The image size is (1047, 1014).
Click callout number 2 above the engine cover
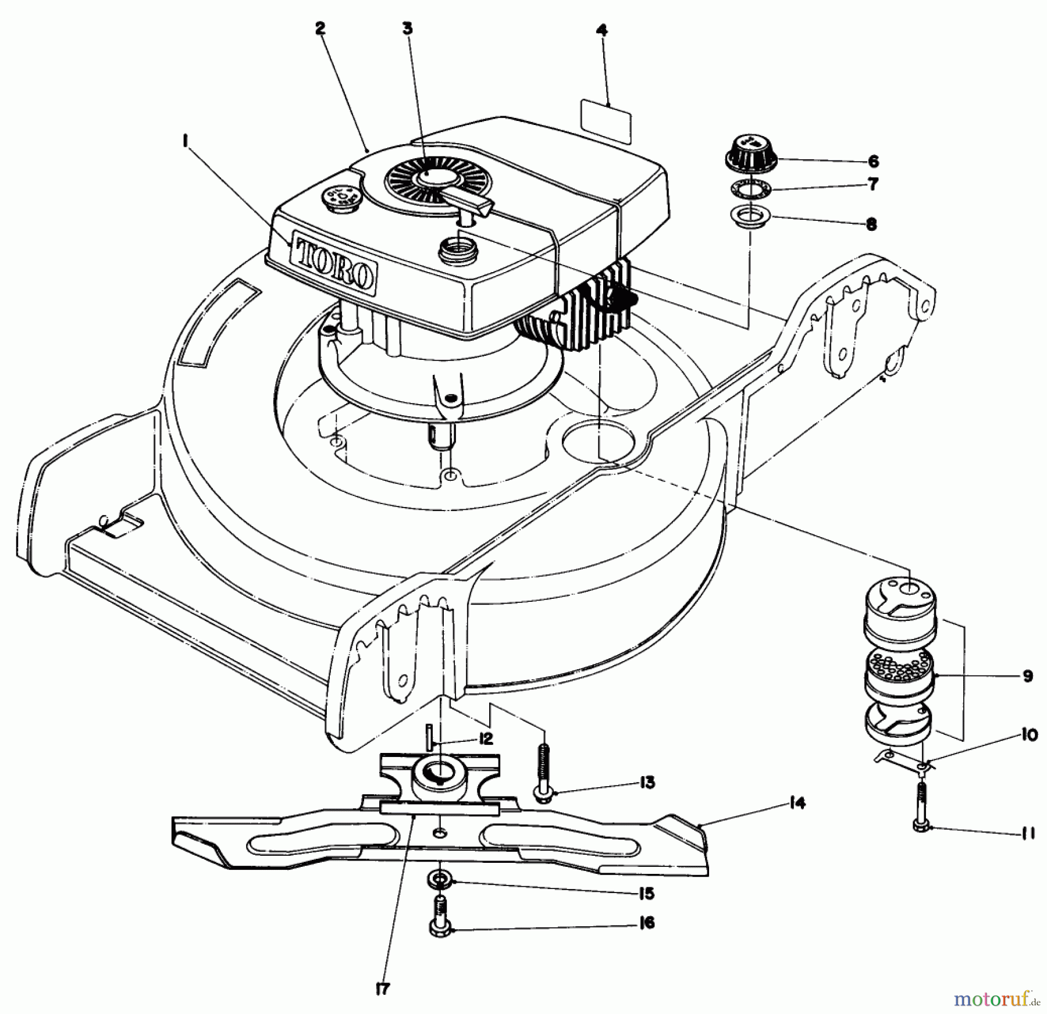click(x=319, y=28)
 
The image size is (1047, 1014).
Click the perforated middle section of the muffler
click(x=900, y=673)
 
